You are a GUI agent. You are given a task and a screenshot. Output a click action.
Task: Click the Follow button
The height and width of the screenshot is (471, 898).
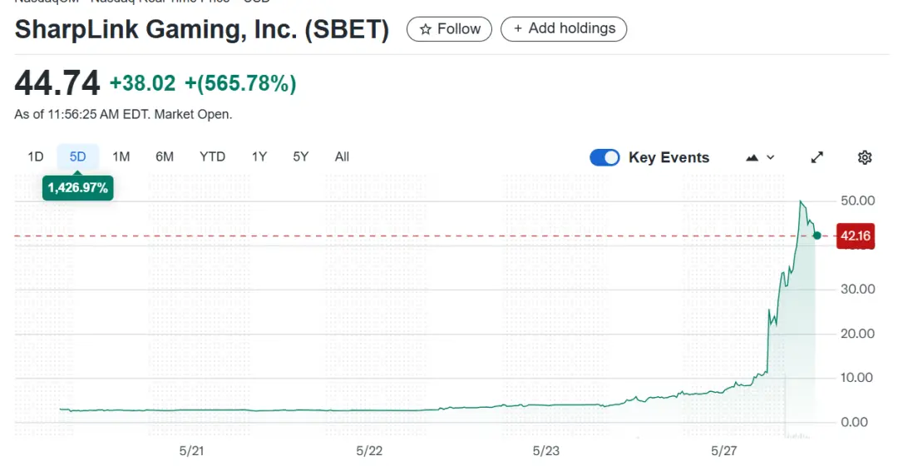[449, 29]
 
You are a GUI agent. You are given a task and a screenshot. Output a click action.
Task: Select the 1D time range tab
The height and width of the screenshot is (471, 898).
[36, 156]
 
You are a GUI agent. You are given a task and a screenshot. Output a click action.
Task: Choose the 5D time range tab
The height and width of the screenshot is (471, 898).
[78, 156]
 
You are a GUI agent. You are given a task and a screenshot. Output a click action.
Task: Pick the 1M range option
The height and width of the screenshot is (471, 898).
[121, 156]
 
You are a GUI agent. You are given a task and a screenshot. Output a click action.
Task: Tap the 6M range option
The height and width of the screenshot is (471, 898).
[165, 156]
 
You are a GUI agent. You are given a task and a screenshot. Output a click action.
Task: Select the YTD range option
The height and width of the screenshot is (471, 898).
[212, 156]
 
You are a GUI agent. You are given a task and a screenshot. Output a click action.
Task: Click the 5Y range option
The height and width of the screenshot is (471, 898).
[300, 156]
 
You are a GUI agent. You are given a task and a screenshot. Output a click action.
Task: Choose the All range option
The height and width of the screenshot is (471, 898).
[342, 156]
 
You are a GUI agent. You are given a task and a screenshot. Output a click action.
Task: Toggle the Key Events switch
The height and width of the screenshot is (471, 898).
[604, 157]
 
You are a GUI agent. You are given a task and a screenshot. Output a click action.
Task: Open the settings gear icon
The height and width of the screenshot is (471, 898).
[865, 157]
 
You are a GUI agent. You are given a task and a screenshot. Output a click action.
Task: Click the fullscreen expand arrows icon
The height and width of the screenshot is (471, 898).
[817, 157]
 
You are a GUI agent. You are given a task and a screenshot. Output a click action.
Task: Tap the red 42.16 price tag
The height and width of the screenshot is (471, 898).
[855, 236]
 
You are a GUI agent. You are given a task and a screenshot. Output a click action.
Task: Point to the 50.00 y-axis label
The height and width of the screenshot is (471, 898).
[858, 201]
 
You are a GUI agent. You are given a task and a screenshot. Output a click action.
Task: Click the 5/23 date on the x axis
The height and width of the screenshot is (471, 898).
[545, 451]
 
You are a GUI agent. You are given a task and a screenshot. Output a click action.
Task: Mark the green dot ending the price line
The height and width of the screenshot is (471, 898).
[817, 235]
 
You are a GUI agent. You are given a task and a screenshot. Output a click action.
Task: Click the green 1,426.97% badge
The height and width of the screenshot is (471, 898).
[78, 188]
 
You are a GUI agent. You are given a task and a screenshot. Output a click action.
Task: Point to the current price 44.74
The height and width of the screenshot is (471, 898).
[57, 83]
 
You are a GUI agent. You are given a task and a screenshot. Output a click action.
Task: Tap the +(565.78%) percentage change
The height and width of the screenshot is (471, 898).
[240, 83]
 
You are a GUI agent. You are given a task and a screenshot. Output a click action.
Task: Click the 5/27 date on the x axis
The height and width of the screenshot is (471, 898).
[724, 451]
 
